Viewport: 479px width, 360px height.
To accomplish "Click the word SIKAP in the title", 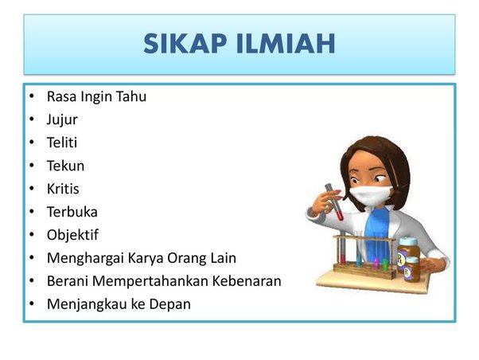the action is [185, 44].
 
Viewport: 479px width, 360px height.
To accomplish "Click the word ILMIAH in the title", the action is [286, 44].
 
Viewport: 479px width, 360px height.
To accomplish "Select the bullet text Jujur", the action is [62, 119].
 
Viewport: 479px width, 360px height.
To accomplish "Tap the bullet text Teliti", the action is [62, 143].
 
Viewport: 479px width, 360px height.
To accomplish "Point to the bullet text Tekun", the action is [65, 166].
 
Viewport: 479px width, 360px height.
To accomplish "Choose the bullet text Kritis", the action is [63, 189].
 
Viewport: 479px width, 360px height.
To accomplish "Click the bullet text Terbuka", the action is [72, 212].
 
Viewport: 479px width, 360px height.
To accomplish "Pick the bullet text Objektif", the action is [72, 235].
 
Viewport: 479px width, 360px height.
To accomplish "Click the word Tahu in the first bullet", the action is [131, 96].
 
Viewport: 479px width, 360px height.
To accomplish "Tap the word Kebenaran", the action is [247, 281].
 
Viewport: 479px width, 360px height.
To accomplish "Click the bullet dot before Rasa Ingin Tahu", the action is [32, 96].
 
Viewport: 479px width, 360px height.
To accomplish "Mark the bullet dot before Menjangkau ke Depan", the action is [32, 303].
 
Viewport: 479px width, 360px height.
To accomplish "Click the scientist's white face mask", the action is [370, 195].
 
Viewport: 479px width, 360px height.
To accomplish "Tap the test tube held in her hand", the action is [334, 202].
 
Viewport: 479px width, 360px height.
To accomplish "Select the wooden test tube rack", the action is [364, 257].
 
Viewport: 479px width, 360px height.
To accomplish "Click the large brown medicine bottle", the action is [408, 255].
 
